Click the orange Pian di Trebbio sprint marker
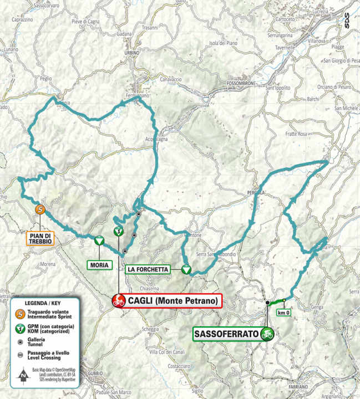pos(40,209)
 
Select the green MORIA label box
pos(98,265)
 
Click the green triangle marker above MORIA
pos(98,240)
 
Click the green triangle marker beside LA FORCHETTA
pos(187,269)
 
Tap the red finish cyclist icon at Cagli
pos(118,301)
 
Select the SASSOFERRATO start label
pos(226,334)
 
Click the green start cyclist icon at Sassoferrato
pos(268,334)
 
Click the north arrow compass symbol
pos(23,377)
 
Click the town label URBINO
pos(131,52)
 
